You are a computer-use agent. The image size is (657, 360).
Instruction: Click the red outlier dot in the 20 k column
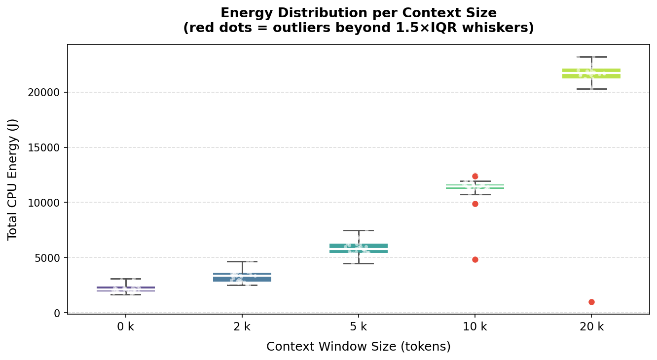tap(591, 302)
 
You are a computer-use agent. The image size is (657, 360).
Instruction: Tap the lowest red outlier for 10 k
tap(475, 259)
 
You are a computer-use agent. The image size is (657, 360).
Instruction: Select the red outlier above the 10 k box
tap(475, 176)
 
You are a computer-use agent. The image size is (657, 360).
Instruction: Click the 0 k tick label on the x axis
tap(125, 326)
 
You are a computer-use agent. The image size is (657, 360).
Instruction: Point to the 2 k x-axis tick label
tap(242, 326)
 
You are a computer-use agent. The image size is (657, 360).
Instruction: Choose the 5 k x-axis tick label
tap(359, 326)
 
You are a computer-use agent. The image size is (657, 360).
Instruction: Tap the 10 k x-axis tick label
tap(475, 326)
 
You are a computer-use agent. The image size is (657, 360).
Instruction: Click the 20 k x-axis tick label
tap(591, 326)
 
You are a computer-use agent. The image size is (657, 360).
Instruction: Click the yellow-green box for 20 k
tap(591, 73)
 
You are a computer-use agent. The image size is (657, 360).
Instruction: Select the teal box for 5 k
tap(359, 248)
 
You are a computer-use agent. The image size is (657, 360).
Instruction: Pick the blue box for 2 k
tap(242, 277)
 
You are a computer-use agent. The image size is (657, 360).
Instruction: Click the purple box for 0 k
tap(125, 289)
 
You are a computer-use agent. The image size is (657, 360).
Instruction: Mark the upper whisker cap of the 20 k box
tap(591, 57)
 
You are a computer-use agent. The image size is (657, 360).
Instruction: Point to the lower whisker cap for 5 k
tap(359, 263)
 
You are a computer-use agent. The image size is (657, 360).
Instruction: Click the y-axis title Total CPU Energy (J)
tap(13, 180)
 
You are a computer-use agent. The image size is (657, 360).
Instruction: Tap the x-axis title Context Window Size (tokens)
tap(359, 347)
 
